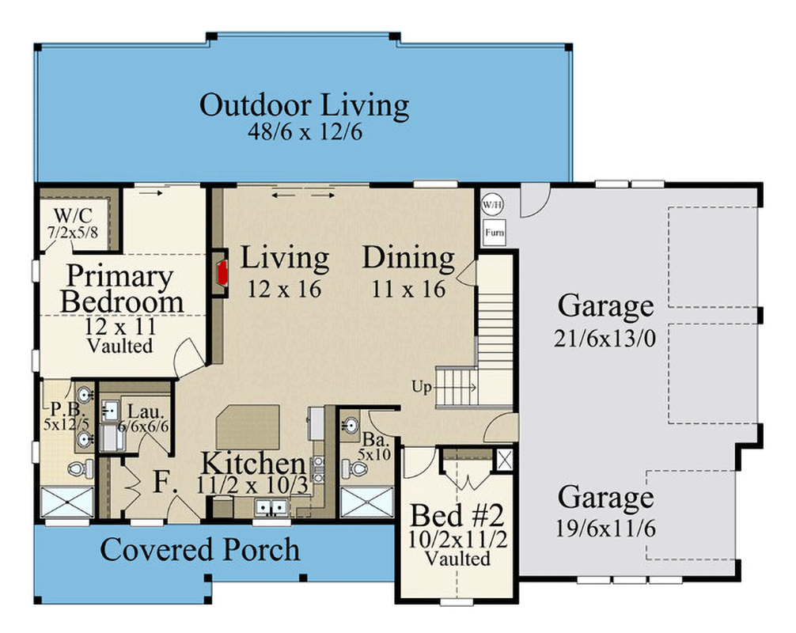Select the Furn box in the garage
tap(491, 233)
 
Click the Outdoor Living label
tap(304, 105)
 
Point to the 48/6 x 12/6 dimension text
tap(304, 131)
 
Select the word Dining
tap(408, 258)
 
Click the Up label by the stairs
tap(421, 387)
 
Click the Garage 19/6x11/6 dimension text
tap(606, 528)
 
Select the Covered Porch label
tap(199, 549)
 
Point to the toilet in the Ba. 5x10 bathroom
tap(358, 470)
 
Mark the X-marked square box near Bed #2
tap(502, 459)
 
